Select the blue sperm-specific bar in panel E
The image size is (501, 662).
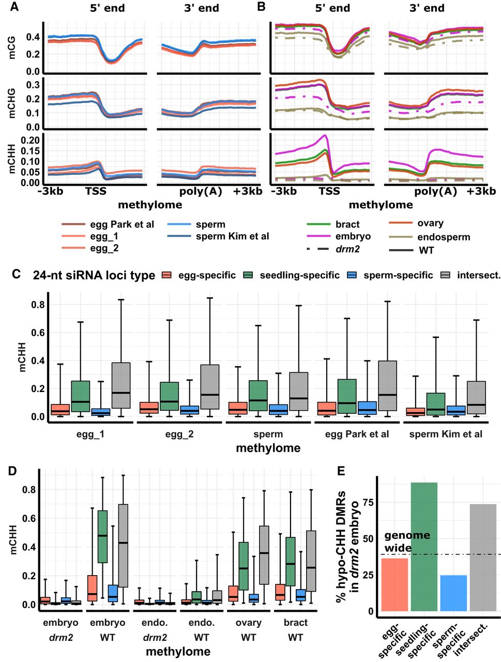(x=454, y=593)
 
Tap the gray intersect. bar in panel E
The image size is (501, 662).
(x=483, y=557)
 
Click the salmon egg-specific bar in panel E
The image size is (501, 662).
(x=394, y=584)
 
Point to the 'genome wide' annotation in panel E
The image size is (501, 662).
(x=407, y=541)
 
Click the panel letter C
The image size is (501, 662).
(x=17, y=274)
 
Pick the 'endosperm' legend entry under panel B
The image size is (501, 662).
(x=444, y=237)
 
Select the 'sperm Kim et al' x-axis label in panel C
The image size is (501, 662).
(x=446, y=434)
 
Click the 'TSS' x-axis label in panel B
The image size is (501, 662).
(x=329, y=191)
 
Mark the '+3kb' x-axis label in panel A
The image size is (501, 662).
(x=248, y=191)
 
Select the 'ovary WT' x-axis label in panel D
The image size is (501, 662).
(x=248, y=630)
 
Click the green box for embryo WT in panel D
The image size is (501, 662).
(x=102, y=536)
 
